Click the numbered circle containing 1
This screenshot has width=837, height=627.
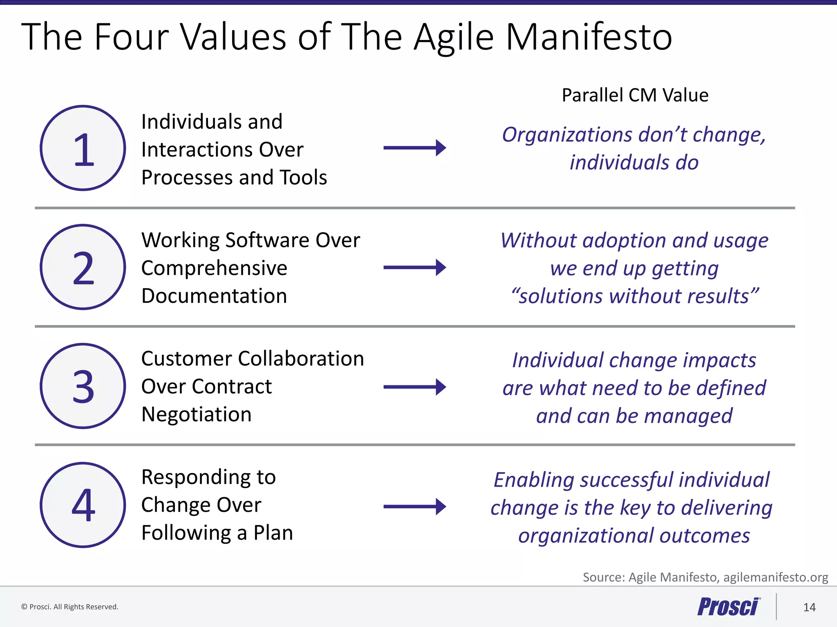point(83,148)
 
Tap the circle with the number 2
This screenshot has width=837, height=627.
point(83,267)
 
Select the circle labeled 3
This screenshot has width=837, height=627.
point(83,386)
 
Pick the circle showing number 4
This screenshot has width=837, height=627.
point(83,505)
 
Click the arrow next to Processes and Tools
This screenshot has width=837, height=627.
point(414,148)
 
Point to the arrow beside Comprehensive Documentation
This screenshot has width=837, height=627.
point(414,267)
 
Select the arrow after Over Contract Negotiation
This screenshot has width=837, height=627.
point(414,387)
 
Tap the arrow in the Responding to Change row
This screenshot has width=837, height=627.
point(414,507)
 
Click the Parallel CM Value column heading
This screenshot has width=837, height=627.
point(635,95)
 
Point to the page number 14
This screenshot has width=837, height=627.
point(809,607)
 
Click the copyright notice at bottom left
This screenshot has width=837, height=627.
point(70,607)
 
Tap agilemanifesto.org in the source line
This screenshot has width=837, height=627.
point(775,577)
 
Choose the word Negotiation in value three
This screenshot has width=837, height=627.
point(196,415)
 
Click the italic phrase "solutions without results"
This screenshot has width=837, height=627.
point(635,296)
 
